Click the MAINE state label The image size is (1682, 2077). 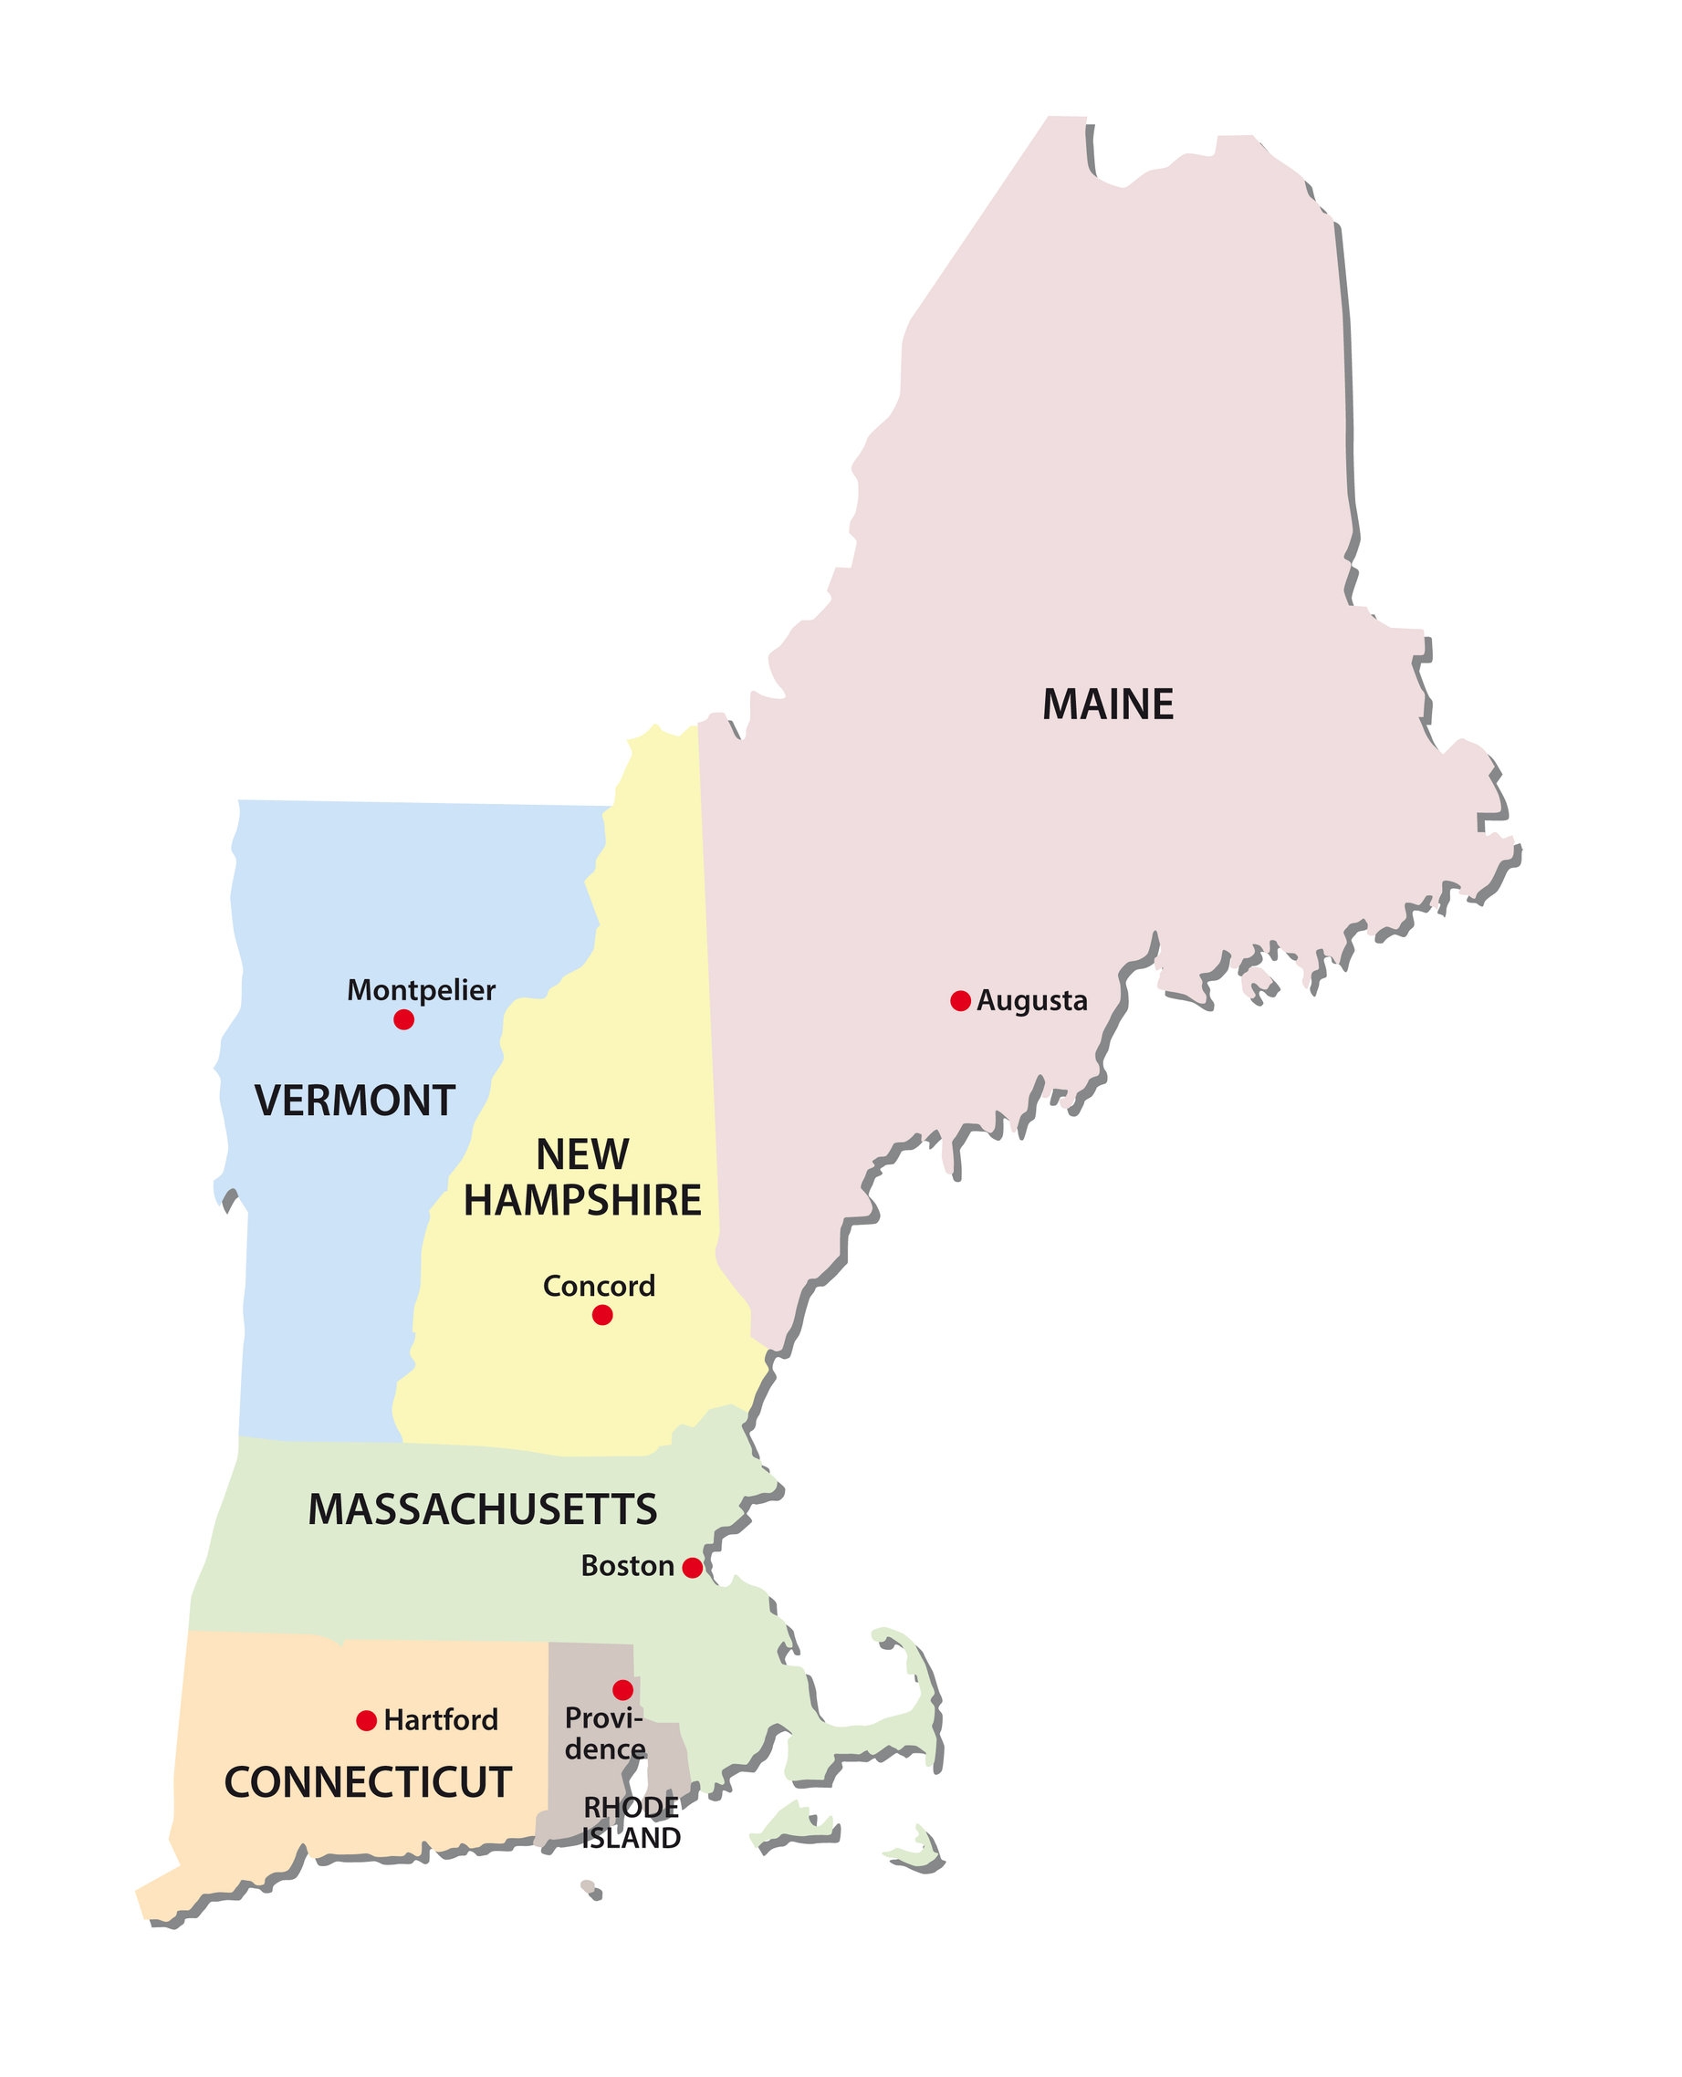(x=1107, y=705)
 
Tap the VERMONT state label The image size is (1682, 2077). (x=355, y=1101)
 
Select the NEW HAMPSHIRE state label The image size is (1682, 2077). (x=582, y=1177)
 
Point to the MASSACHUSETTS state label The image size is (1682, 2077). (x=483, y=1509)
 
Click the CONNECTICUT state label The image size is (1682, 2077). (x=367, y=1782)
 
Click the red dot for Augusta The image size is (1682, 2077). (x=960, y=1001)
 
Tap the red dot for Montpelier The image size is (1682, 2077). (x=404, y=1019)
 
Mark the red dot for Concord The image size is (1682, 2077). (x=601, y=1315)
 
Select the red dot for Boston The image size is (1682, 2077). (x=692, y=1568)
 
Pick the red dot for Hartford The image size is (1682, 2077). (x=366, y=1720)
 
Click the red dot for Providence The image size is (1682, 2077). (x=623, y=1689)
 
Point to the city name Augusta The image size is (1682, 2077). (x=1032, y=1001)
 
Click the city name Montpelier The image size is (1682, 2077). (x=421, y=990)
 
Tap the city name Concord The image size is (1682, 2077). (x=599, y=1286)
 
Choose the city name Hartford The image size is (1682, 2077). (x=441, y=1720)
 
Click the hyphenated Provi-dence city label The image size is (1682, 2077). (x=604, y=1734)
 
